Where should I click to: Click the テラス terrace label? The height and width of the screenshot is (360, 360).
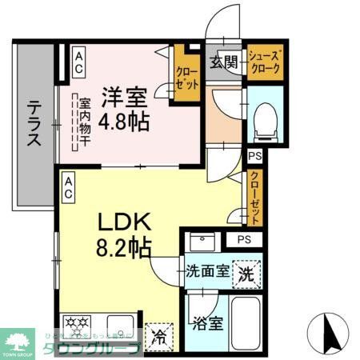(x=34, y=124)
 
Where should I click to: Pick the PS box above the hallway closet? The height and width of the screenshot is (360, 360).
(x=255, y=157)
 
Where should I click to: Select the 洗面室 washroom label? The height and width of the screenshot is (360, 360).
(x=206, y=270)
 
